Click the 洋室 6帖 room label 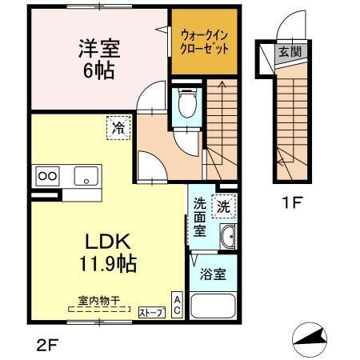99,58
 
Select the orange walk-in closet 205,42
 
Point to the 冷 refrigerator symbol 118,126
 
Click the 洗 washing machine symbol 224,204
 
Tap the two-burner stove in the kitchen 46,176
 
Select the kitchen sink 85,176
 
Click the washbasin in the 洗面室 227,237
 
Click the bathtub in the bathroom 214,306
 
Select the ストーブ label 151,313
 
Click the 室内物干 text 98,301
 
